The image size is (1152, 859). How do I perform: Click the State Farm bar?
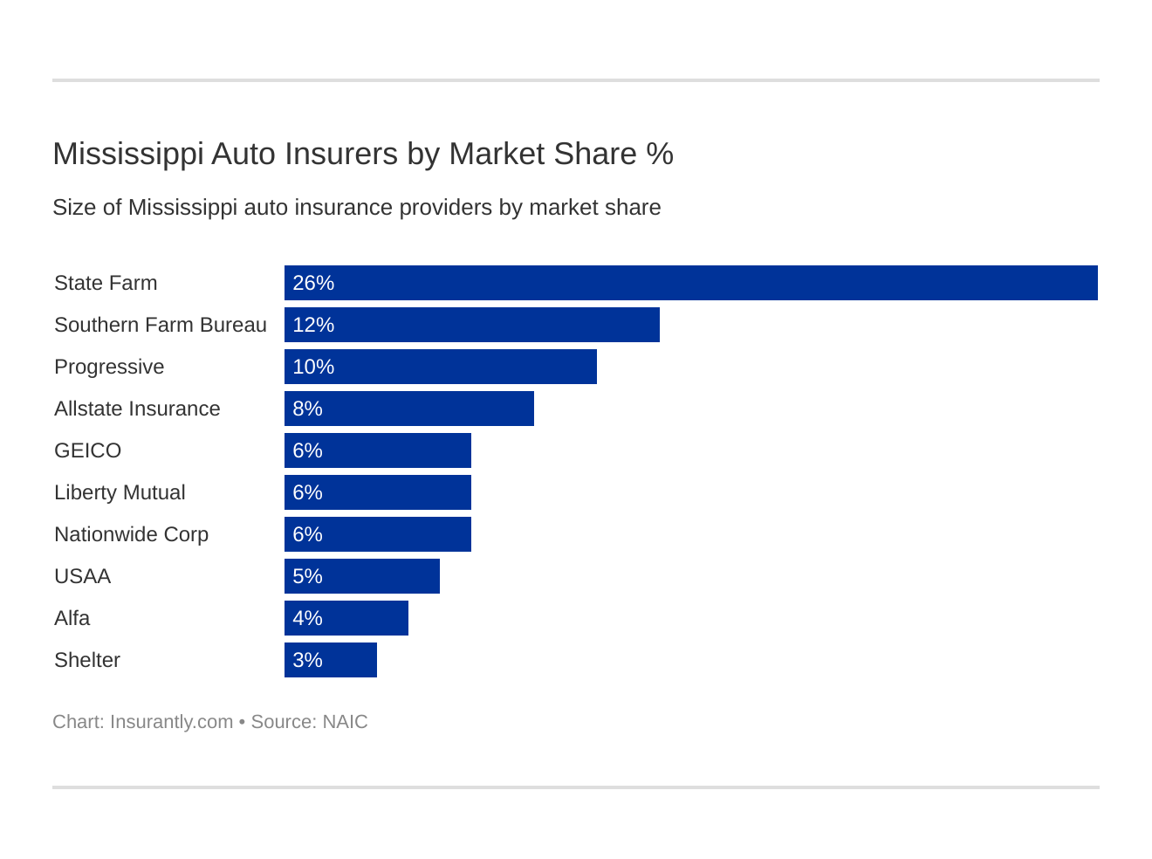[690, 283]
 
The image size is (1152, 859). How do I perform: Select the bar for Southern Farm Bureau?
[471, 325]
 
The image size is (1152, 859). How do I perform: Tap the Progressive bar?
[440, 367]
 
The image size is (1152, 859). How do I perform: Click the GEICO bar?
[377, 450]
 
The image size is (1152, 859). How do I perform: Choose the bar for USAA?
[361, 576]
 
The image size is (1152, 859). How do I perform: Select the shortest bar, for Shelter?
[330, 660]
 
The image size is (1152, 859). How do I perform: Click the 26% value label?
[313, 283]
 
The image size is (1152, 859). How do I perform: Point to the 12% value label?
[313, 325]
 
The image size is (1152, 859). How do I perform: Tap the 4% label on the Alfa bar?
[307, 618]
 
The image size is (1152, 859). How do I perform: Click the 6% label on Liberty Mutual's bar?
[307, 492]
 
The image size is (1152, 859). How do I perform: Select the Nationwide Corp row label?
[131, 534]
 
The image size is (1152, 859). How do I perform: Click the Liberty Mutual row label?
[120, 492]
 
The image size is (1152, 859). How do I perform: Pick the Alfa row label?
[72, 618]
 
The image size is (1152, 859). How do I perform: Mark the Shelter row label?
[87, 660]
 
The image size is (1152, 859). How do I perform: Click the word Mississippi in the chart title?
[127, 155]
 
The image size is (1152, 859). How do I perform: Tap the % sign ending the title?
[660, 154]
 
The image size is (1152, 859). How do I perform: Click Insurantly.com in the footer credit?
[171, 722]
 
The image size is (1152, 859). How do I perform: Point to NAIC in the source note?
[345, 722]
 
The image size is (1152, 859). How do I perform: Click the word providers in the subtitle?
[440, 208]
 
